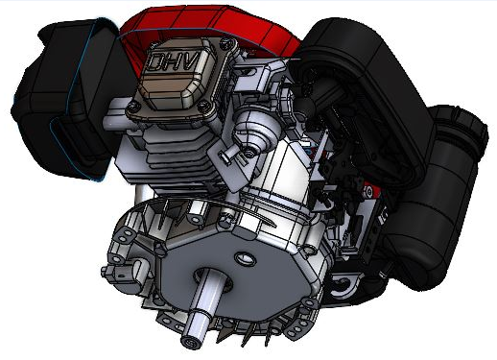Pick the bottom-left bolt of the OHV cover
pyautogui.click(x=131, y=111)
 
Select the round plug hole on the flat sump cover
pyautogui.click(x=240, y=257)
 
